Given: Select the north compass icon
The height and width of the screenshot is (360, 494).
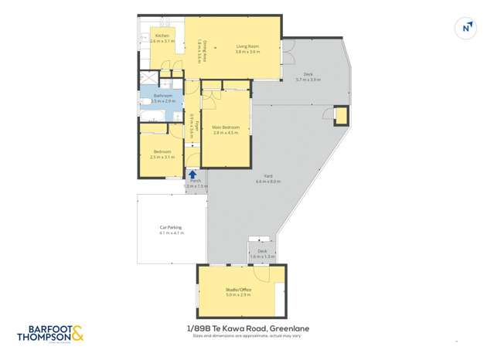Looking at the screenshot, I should pyautogui.click(x=466, y=28).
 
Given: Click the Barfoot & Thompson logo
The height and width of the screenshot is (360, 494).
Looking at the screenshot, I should pyautogui.click(x=50, y=334).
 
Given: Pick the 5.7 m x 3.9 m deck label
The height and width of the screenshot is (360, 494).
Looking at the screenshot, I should pyautogui.click(x=307, y=76).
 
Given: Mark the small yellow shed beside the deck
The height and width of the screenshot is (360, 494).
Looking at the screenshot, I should pyautogui.click(x=340, y=116).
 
